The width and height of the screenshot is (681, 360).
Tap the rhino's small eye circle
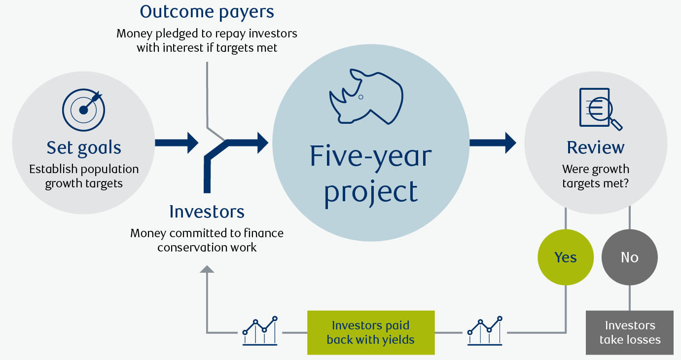click(x=360, y=97)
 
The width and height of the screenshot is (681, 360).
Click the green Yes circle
click(x=566, y=257)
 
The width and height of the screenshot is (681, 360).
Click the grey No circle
click(x=630, y=257)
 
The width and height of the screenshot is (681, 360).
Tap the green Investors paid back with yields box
click(x=371, y=332)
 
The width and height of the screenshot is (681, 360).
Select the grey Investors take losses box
click(x=630, y=332)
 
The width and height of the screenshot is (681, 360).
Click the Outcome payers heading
click(x=207, y=11)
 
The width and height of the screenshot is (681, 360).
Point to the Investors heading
click(x=207, y=212)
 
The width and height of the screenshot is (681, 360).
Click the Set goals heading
click(x=84, y=147)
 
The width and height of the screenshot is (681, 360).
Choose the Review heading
click(x=596, y=147)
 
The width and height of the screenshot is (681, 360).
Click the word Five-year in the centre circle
click(x=370, y=155)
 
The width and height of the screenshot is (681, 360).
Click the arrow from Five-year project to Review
click(x=492, y=143)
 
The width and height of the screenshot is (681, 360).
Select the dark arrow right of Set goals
click(x=176, y=143)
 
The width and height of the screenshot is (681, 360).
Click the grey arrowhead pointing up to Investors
click(x=207, y=269)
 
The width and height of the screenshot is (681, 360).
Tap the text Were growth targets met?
click(x=596, y=177)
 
